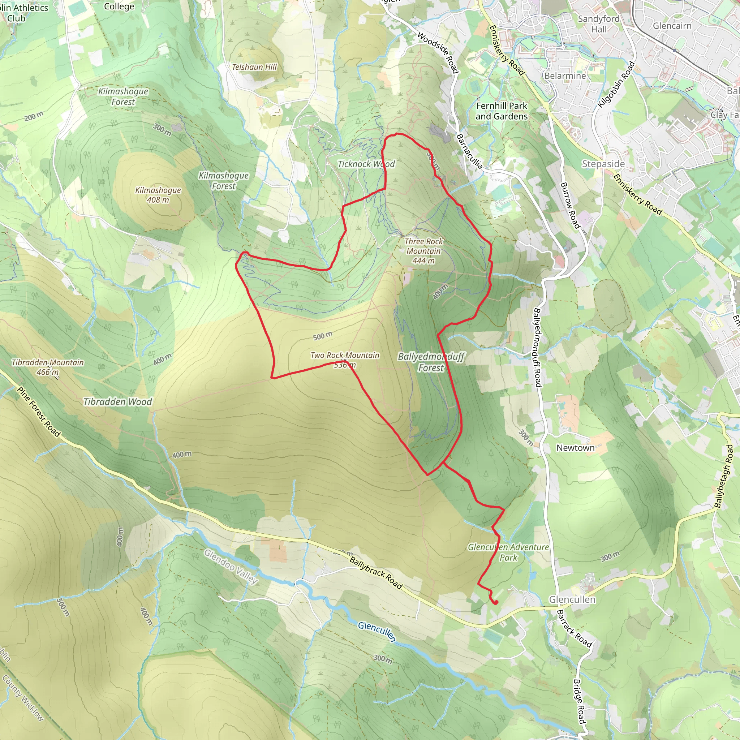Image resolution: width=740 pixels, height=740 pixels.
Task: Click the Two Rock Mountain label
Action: pos(345,356)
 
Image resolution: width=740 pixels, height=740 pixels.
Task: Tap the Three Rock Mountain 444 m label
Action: pos(423,251)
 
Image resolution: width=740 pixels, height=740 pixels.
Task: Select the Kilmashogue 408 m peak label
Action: pos(158,195)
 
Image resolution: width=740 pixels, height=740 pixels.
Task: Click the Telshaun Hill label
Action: pos(254,67)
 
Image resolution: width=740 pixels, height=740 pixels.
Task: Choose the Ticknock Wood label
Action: pos(366,164)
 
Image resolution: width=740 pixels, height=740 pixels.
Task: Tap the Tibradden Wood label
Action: pos(117,402)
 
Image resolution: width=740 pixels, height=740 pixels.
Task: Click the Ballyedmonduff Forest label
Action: pos(431,362)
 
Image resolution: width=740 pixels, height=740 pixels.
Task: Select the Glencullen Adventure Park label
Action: pos(508,552)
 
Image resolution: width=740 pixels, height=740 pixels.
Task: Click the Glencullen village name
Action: pos(572,599)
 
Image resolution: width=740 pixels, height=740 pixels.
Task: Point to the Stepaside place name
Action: pos(603,164)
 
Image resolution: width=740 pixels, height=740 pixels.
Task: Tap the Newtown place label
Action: pos(575,448)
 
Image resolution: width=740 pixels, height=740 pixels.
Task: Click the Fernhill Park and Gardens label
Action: pos(502,111)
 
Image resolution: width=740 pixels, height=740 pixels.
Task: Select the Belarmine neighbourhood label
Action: pos(565,76)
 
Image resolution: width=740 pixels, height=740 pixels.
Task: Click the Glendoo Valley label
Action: pos(230,567)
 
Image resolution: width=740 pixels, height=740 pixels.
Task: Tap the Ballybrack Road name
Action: pos(376,573)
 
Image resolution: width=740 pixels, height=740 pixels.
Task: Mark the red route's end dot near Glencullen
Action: pos(495,603)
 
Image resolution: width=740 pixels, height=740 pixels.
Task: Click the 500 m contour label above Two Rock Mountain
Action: pos(323,336)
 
